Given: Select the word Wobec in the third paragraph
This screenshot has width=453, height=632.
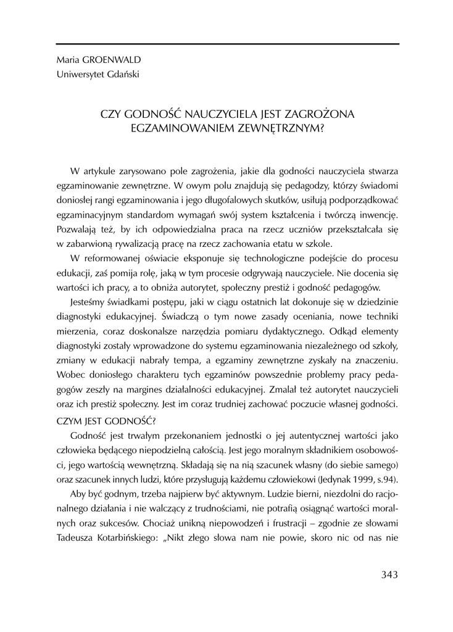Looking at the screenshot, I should coord(69,374).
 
